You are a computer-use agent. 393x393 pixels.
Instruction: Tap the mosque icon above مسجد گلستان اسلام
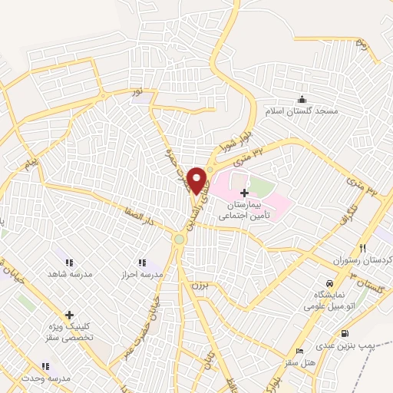pos(302,99)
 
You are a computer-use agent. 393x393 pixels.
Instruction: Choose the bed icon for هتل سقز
pos(300,348)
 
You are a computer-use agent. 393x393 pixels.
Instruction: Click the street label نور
pos(137,92)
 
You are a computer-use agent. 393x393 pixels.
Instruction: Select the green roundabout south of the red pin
pos(180,239)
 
